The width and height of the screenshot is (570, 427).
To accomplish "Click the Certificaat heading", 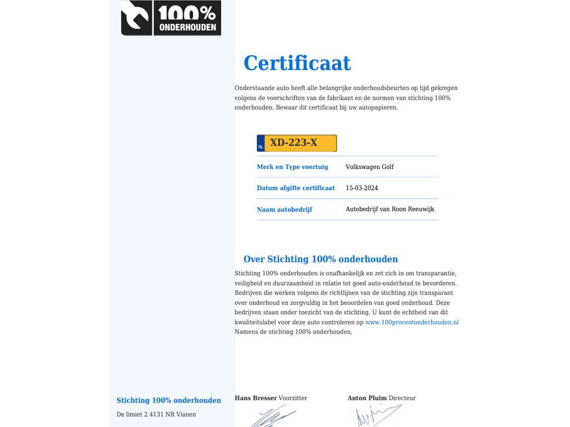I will pyautogui.click(x=297, y=63).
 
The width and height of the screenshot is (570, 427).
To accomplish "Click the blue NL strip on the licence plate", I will pyautogui.click(x=261, y=143).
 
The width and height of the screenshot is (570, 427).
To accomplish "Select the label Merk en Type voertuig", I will pyautogui.click(x=292, y=167).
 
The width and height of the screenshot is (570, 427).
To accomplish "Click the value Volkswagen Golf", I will pyautogui.click(x=370, y=167).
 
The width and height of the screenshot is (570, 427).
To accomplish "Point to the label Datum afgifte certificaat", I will pyautogui.click(x=296, y=188).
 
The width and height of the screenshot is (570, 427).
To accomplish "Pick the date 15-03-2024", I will pyautogui.click(x=362, y=188).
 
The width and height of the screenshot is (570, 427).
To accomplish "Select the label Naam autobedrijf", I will pyautogui.click(x=284, y=210).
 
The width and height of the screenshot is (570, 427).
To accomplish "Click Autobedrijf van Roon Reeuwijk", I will pyautogui.click(x=390, y=209).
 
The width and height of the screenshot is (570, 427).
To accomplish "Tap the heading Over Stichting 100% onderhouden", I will pyautogui.click(x=321, y=259).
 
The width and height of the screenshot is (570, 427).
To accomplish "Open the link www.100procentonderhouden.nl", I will pyautogui.click(x=412, y=322).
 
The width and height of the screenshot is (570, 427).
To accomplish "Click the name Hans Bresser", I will pyautogui.click(x=255, y=398).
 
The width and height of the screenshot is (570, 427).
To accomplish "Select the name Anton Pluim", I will pyautogui.click(x=367, y=398).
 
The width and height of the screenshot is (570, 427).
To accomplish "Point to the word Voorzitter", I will pyautogui.click(x=293, y=398).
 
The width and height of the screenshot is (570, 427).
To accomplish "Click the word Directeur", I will pyautogui.click(x=402, y=398).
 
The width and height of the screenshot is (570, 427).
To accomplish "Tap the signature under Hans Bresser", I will pyautogui.click(x=273, y=416).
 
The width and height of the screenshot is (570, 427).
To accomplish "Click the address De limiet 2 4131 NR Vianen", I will pyautogui.click(x=156, y=414).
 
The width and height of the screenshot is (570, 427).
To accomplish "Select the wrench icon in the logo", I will pyautogui.click(x=136, y=18).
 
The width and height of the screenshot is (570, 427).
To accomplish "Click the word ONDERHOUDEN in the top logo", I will pyautogui.click(x=188, y=27).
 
